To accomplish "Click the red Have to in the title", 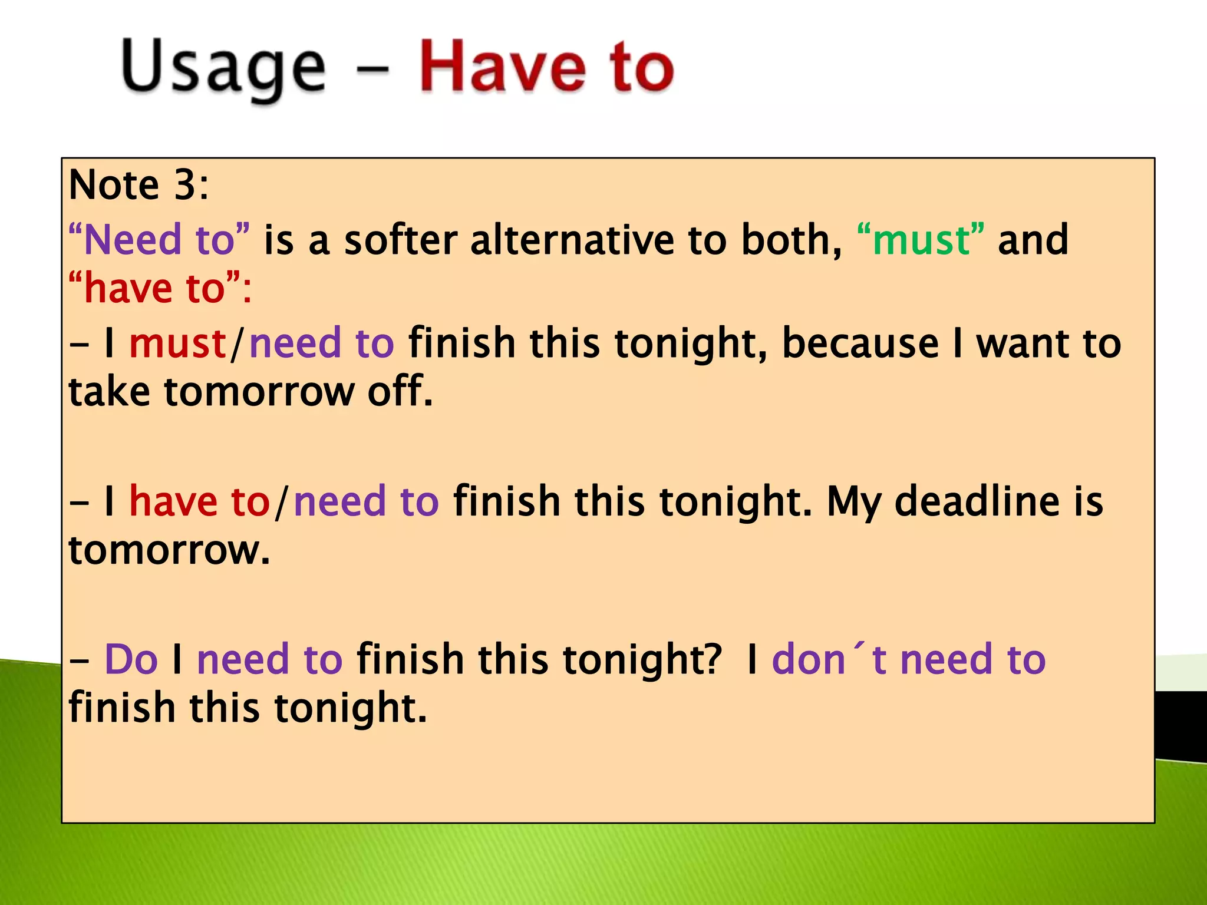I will [546, 67].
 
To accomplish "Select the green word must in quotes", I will [921, 240].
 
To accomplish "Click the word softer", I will [401, 240].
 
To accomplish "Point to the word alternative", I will [572, 240].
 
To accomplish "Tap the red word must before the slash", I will [177, 343].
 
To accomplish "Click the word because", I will [860, 343].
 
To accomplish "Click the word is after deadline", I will [1088, 501].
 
